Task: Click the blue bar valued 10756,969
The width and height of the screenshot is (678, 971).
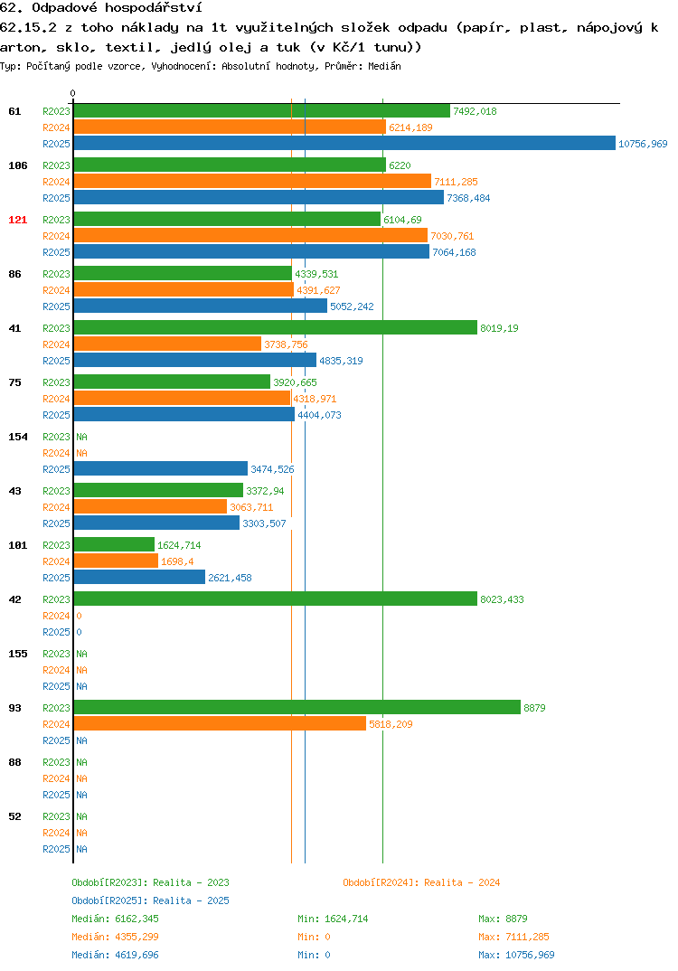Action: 344,143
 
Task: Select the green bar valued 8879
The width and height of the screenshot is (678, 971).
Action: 297,707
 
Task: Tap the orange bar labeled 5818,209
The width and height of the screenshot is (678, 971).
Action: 220,723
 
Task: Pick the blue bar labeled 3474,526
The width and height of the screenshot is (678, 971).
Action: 160,469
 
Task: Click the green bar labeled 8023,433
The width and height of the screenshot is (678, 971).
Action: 276,599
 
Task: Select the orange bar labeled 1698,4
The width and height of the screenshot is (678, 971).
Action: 116,561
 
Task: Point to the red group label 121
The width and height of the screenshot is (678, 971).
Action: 18,220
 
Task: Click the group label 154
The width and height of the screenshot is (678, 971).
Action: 18,437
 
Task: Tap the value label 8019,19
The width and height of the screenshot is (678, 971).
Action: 499,328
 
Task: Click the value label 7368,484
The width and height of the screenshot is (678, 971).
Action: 468,198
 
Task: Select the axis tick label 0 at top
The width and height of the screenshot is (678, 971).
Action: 72,93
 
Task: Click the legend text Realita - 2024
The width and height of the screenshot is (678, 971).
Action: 462,882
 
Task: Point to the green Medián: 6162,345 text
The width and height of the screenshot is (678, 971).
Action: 115,919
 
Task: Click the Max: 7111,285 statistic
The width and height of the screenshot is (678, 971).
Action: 513,937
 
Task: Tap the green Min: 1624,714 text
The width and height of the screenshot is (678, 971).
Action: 333,919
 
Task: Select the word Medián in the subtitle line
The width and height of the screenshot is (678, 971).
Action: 384,66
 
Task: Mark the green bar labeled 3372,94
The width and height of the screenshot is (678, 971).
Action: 158,490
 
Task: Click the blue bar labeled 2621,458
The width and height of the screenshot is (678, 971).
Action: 139,577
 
